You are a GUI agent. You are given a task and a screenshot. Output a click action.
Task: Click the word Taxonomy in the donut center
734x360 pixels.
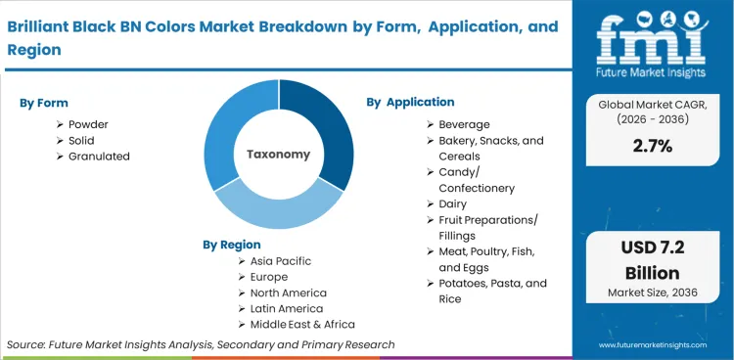[278, 155]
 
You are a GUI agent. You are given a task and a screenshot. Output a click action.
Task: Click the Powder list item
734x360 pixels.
[88, 124]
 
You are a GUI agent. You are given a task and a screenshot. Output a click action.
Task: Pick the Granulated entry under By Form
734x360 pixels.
[99, 156]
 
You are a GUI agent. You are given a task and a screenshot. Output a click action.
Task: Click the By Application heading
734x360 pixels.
[410, 102]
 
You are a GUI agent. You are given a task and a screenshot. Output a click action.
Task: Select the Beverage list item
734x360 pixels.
[464, 124]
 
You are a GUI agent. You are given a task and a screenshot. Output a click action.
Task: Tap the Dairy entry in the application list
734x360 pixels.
[453, 203]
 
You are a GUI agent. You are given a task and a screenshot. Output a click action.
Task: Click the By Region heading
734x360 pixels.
[232, 245]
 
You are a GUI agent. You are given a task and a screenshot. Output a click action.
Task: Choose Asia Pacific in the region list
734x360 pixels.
[281, 261]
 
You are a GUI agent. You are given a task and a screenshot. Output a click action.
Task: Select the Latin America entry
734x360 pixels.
[285, 308]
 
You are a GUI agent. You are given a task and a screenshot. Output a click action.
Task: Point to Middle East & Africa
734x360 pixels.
[302, 324]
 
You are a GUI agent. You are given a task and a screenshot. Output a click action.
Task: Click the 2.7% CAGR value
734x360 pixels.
[653, 145]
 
